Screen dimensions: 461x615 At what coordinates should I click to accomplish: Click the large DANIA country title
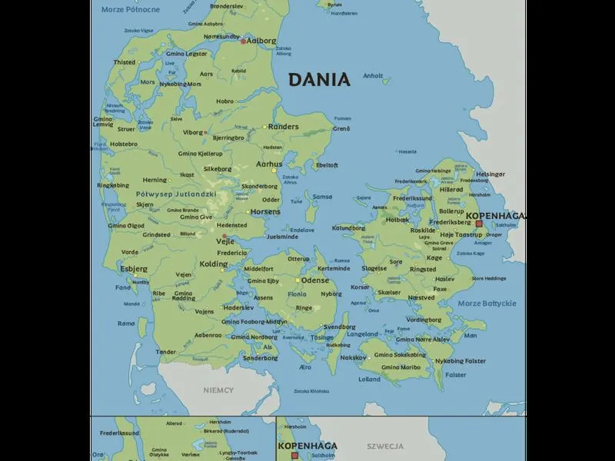coord(319,79)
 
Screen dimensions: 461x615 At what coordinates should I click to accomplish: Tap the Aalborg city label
coord(261,41)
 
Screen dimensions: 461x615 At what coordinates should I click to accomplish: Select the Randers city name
coord(283,126)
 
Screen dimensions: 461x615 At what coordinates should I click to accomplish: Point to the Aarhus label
coord(269,164)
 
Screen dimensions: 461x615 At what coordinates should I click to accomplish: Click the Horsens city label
coord(266,211)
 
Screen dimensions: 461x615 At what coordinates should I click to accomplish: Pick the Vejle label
coord(224,240)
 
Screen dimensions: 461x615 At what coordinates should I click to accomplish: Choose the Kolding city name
coord(214,264)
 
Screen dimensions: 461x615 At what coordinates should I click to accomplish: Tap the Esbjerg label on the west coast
coord(134,270)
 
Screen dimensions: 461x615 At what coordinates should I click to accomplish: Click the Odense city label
coord(315,280)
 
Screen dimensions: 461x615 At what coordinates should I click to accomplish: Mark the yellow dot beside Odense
coord(298,280)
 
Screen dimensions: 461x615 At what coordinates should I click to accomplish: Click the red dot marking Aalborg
coord(243,41)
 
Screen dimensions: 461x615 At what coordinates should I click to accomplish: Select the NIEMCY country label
coord(218,390)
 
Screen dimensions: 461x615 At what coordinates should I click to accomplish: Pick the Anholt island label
coord(373,75)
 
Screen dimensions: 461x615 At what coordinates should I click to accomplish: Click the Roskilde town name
coord(424,230)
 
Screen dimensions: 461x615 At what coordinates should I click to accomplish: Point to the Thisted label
coord(125,62)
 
